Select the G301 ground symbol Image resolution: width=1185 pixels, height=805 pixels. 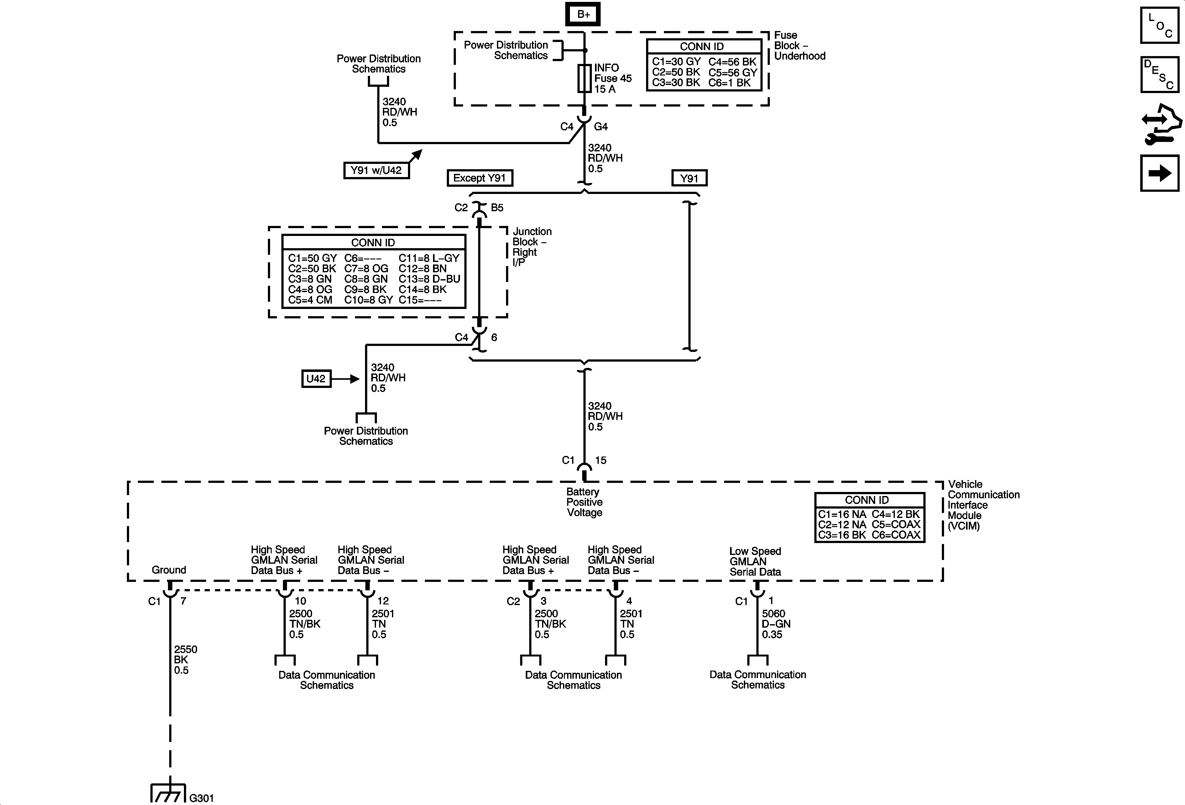click(x=167, y=793)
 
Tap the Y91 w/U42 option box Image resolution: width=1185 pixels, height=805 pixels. click(x=376, y=170)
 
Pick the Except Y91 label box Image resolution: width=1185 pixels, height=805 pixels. click(x=479, y=178)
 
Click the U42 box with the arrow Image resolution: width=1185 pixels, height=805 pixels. click(x=316, y=379)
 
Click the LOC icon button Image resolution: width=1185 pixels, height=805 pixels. click(x=1160, y=25)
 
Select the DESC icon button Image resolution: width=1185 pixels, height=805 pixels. click(x=1160, y=75)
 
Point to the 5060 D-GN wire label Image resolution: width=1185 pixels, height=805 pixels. click(x=775, y=624)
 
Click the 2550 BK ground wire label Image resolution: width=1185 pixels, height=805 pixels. click(x=185, y=660)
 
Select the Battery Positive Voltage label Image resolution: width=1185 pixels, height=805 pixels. click(x=584, y=502)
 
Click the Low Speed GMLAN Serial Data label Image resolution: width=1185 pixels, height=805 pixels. click(x=755, y=561)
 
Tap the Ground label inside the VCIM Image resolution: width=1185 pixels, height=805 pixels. click(x=169, y=570)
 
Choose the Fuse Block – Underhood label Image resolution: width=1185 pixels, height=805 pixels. click(x=799, y=46)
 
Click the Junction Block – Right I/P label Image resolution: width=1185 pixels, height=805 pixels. click(x=531, y=247)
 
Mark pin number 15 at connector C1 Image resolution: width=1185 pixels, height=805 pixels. click(x=601, y=460)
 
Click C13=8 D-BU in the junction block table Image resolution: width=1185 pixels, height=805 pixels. click(x=429, y=279)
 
